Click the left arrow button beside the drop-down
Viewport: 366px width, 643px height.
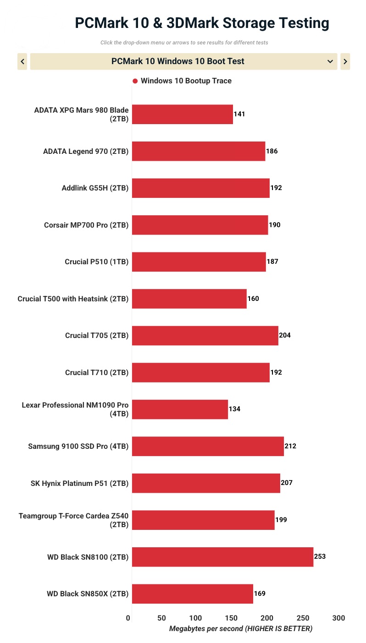22,61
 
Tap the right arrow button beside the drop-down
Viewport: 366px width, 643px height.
345,61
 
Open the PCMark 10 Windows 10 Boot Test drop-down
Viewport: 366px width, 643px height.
183,61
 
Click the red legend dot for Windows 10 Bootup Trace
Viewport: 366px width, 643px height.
135,81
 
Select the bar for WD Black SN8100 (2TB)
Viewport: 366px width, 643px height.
222,557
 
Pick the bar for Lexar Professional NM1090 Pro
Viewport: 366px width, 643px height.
180,409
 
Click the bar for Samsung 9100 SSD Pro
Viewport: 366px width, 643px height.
208,446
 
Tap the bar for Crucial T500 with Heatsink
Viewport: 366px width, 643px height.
189,299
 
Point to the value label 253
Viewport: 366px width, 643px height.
320,557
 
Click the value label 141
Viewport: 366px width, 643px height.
239,114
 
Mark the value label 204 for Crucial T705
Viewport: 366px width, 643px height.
284,335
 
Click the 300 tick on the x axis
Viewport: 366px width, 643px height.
338,618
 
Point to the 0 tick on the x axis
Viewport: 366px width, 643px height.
128,618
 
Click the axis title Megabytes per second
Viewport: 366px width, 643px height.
241,629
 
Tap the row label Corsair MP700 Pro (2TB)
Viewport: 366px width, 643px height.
86,225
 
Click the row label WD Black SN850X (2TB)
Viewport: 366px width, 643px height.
88,594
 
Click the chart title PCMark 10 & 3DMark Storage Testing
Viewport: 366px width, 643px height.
202,23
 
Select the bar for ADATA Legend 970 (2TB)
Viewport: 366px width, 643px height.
199,151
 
